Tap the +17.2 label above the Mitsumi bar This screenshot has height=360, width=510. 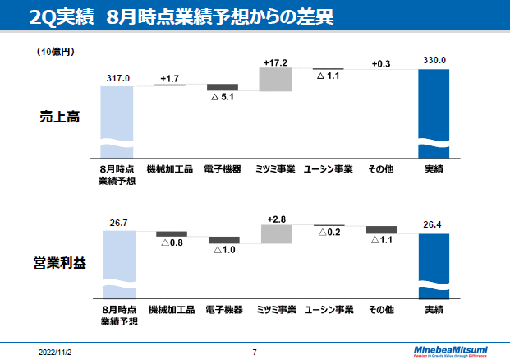[275, 62]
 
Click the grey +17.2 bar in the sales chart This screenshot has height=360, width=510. [275, 79]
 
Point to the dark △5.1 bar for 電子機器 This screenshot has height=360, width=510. [222, 87]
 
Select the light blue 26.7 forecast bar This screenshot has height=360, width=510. [118, 263]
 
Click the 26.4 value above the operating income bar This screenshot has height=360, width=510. [434, 223]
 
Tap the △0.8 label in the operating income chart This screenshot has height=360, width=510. [172, 243]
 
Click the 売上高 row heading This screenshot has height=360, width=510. [59, 117]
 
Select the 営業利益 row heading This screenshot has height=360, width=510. [59, 264]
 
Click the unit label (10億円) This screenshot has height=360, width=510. [55, 52]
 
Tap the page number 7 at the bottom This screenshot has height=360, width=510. [255, 352]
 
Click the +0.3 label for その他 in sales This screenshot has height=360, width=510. [381, 63]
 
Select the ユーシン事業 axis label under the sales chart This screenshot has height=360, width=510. [328, 169]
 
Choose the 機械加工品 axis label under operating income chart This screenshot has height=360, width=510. [171, 310]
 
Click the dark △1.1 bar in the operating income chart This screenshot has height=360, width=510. [381, 229]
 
